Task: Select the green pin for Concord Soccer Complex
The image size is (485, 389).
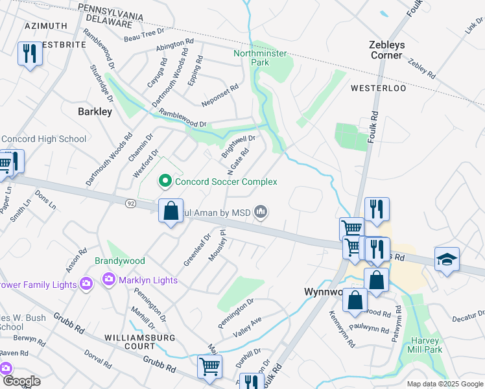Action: [165, 182]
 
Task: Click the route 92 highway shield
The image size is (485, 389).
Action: [130, 204]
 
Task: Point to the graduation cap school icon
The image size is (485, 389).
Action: [447, 259]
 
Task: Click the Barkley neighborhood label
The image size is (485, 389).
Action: [95, 112]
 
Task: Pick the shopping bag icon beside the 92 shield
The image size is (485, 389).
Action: [170, 211]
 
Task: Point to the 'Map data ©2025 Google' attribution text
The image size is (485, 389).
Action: [444, 384]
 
